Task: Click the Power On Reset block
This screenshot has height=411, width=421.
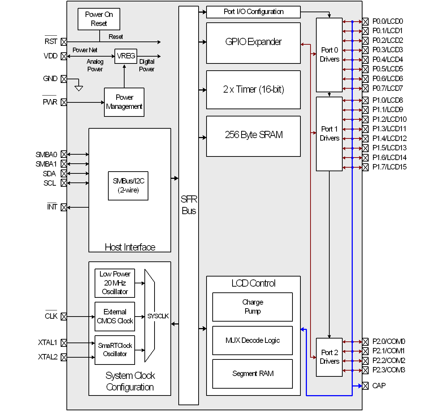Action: [99, 19]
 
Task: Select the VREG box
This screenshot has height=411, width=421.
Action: [126, 56]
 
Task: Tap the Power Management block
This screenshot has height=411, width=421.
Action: [124, 102]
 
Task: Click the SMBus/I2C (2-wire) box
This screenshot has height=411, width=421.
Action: [128, 186]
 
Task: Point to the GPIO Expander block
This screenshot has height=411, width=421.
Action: [253, 43]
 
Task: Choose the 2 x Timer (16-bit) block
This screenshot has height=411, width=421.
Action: [253, 90]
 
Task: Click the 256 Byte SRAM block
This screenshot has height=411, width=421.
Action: [253, 136]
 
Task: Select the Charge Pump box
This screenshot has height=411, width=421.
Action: [252, 307]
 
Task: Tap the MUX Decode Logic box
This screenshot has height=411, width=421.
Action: [252, 340]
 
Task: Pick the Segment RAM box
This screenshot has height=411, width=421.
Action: [252, 374]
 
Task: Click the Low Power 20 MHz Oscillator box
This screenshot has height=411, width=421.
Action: [115, 283]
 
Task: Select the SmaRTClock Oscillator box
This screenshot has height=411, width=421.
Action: [115, 350]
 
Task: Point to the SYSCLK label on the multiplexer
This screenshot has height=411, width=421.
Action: [158, 316]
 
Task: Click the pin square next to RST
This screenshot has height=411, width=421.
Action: [64, 42]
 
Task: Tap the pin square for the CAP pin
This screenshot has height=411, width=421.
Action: [365, 386]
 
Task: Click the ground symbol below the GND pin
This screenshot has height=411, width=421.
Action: [79, 88]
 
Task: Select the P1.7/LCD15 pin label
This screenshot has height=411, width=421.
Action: [389, 167]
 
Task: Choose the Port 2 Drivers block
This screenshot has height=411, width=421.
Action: [329, 357]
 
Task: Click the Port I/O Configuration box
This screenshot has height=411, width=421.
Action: [253, 12]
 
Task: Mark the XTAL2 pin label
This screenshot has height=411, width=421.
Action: [48, 357]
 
